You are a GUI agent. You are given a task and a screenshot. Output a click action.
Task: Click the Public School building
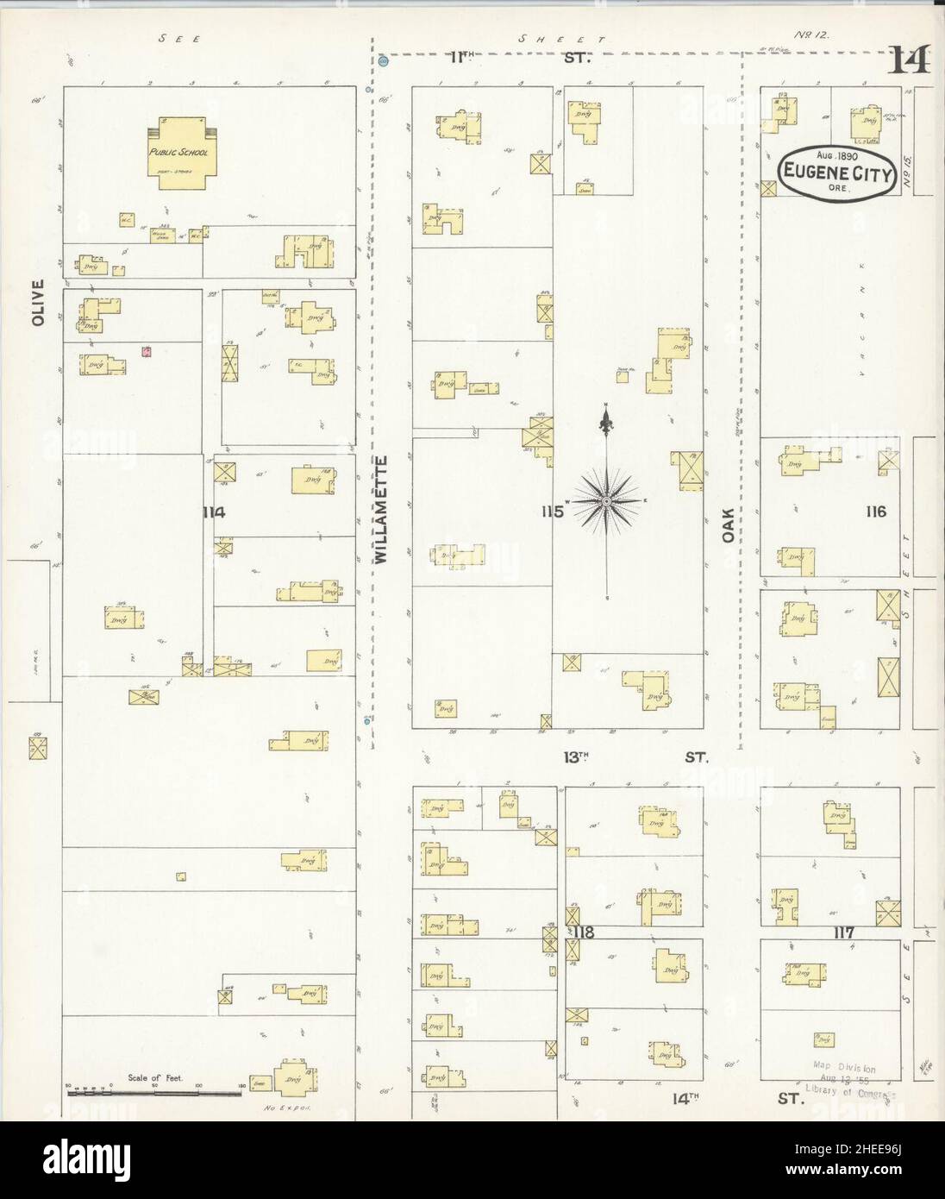(x=179, y=152)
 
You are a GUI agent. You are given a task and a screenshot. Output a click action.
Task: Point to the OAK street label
(x=728, y=523)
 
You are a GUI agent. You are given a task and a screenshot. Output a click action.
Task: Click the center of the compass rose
(x=608, y=501)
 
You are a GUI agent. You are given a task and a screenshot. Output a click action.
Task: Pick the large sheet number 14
(x=910, y=60)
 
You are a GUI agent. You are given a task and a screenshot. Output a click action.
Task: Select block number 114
(x=213, y=512)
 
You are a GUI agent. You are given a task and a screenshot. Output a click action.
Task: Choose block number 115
(x=552, y=512)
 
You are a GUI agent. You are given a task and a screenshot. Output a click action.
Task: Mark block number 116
(x=876, y=512)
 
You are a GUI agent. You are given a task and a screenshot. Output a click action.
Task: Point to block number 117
(x=842, y=932)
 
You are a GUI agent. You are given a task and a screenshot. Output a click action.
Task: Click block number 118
(x=584, y=932)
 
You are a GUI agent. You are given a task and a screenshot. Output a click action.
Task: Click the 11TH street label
(x=462, y=58)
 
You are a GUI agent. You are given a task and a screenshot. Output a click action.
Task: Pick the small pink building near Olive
(x=147, y=351)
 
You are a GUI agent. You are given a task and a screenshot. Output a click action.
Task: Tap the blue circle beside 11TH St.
(x=384, y=61)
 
